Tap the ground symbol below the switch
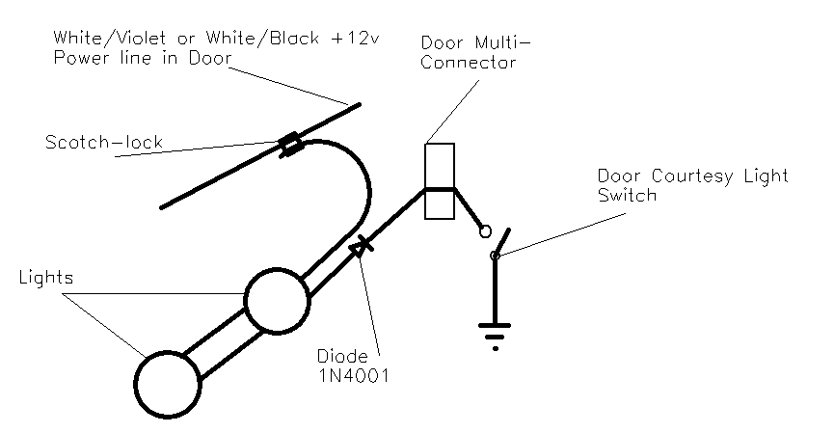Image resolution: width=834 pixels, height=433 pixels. [x=496, y=334]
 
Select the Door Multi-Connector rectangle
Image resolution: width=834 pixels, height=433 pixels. [x=439, y=183]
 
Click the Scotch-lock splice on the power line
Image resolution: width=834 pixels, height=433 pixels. [x=289, y=147]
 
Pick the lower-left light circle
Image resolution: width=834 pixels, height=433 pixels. [x=168, y=382]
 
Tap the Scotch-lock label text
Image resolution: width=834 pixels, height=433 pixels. [x=104, y=142]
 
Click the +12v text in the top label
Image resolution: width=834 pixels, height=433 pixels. [x=359, y=38]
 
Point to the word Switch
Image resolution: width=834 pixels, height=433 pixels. [x=627, y=195]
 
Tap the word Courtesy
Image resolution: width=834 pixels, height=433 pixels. [x=691, y=176]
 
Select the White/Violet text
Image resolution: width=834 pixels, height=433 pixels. [x=105, y=38]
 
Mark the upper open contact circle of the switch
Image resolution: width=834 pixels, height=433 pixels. [x=486, y=231]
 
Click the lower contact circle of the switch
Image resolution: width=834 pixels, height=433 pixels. [x=496, y=256]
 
